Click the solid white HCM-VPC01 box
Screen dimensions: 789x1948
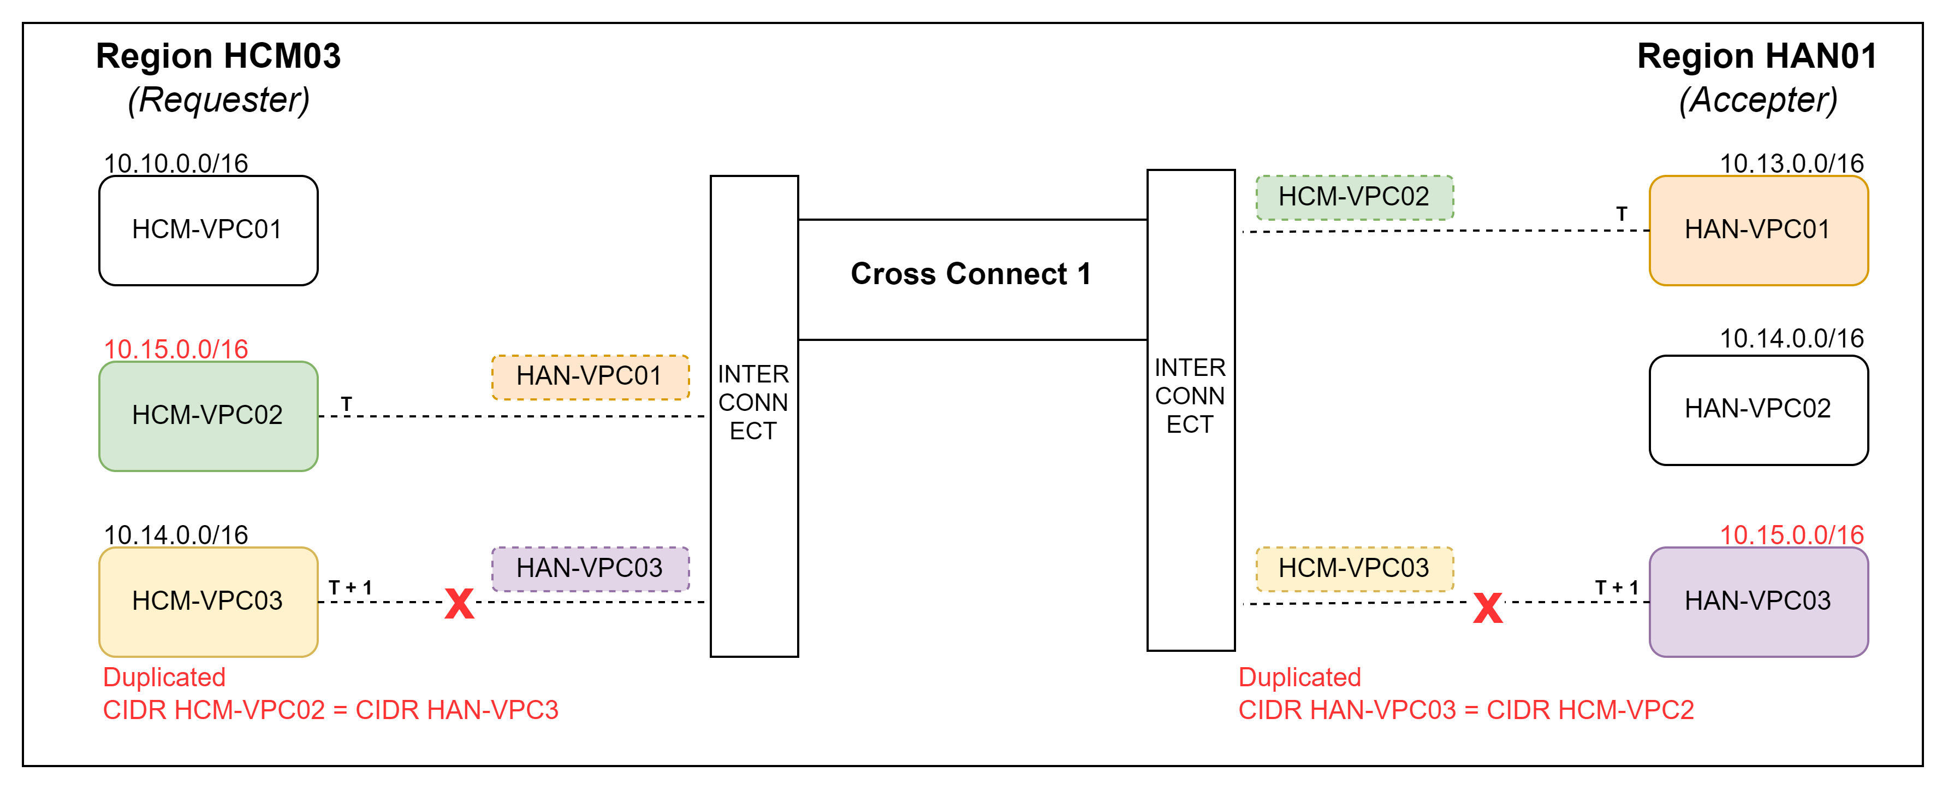pyautogui.click(x=208, y=230)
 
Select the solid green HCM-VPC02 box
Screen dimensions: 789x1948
pyautogui.click(x=208, y=415)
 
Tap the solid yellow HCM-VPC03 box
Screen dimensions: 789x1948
pyautogui.click(x=208, y=602)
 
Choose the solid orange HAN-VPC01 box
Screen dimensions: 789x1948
pyautogui.click(x=1757, y=230)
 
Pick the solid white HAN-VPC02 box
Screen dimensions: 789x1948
pyautogui.click(x=1757, y=409)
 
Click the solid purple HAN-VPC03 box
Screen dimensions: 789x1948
pyautogui.click(x=1757, y=602)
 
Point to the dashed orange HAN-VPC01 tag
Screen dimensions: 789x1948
pyautogui.click(x=590, y=376)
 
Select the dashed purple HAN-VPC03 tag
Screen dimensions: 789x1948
pyautogui.click(x=590, y=568)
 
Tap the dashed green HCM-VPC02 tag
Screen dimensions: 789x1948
pyautogui.click(x=1353, y=197)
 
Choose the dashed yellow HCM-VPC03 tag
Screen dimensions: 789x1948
pyautogui.click(x=1353, y=568)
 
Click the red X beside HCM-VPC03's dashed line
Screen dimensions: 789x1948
pyautogui.click(x=459, y=604)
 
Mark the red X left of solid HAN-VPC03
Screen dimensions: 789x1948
pyautogui.click(x=1487, y=608)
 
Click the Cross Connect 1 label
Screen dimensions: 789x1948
pyautogui.click(x=971, y=274)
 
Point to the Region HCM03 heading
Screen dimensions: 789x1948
pyautogui.click(x=218, y=57)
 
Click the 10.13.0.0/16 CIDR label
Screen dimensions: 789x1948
pyautogui.click(x=1791, y=163)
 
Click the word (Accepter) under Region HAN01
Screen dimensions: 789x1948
pyautogui.click(x=1757, y=101)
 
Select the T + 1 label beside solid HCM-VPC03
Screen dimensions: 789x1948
pyautogui.click(x=350, y=588)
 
